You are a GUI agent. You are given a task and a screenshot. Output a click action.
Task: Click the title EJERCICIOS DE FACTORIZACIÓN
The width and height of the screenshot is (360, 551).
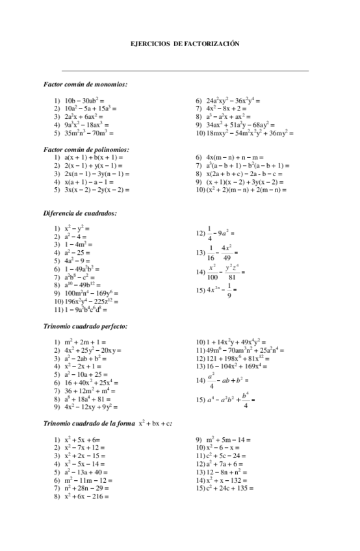[x=185, y=44]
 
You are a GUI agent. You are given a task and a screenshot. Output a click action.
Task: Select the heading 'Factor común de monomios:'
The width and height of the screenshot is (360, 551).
[x=85, y=84]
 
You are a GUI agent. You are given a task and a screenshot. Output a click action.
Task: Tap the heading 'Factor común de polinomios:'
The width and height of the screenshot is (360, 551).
[x=86, y=149]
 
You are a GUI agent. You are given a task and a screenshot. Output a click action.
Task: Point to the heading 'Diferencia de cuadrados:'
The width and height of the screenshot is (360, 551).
[x=80, y=213]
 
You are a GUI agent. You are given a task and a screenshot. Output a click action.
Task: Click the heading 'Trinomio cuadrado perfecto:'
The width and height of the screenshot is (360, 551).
[x=85, y=326]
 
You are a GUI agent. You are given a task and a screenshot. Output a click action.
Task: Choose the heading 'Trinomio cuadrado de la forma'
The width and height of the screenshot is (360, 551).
[x=89, y=423]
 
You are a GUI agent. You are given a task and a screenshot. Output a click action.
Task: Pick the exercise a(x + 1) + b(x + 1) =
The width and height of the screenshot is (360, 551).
[x=94, y=158]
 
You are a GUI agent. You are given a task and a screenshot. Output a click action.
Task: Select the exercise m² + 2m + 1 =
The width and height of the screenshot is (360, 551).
[x=85, y=342]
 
